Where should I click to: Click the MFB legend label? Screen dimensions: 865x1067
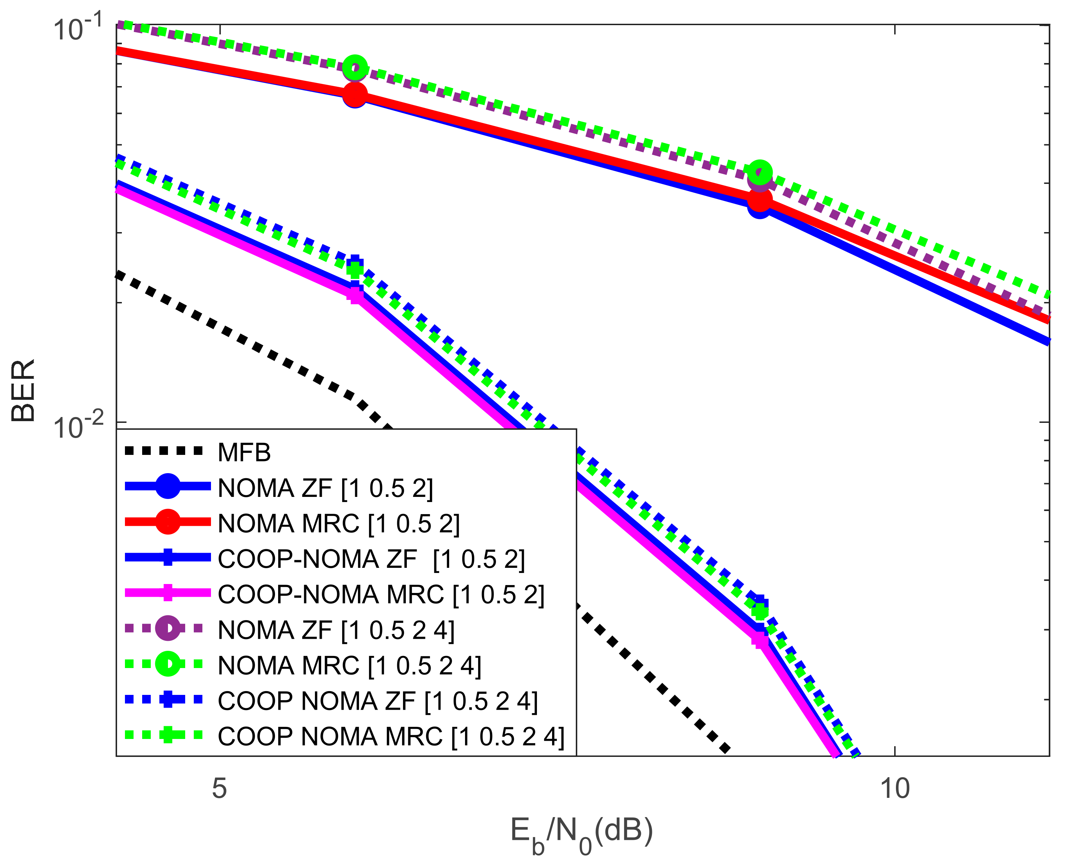point(244,452)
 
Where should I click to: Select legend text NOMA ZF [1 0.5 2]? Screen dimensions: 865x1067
point(325,488)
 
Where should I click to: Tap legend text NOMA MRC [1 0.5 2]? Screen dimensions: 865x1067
point(339,524)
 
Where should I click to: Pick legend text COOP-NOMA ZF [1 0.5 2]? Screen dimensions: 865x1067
point(371,559)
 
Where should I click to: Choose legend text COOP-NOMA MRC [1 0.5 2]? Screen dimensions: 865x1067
point(381,594)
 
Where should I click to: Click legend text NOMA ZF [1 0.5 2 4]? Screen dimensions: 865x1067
point(336,630)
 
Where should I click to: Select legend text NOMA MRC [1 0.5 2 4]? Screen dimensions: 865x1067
point(350,666)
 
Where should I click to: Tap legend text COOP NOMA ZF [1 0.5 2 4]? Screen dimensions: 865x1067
point(378,701)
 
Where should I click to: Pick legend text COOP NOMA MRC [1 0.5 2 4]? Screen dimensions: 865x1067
point(391,737)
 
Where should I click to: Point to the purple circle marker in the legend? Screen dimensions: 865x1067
point(168,628)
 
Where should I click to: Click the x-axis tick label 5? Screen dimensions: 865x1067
point(219,789)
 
